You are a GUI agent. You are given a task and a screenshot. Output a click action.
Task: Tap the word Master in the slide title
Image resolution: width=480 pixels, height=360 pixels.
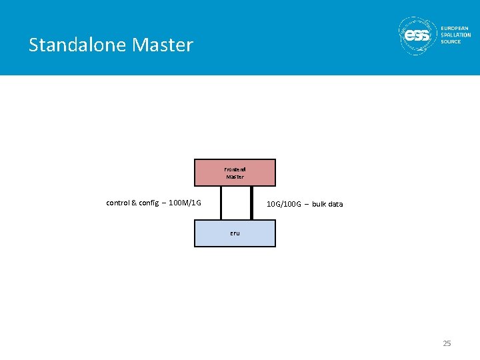[163, 45]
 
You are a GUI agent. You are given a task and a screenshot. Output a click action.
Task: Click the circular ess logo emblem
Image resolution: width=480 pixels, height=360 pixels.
[418, 34]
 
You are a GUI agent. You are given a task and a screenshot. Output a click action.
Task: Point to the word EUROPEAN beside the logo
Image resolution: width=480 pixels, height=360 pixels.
[455, 28]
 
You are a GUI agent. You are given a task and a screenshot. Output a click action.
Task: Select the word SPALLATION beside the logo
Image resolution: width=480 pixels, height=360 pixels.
[456, 35]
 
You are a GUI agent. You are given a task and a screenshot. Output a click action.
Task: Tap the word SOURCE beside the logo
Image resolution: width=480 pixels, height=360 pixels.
[451, 41]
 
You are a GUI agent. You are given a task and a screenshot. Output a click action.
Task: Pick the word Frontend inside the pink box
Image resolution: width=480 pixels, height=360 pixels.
[235, 169]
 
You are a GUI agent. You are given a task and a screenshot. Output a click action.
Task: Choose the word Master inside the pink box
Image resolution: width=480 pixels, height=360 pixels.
[235, 177]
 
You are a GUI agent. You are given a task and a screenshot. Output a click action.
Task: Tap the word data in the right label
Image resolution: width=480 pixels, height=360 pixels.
[335, 204]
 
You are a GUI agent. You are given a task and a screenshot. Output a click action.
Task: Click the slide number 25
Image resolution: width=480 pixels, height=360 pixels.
[447, 343]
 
